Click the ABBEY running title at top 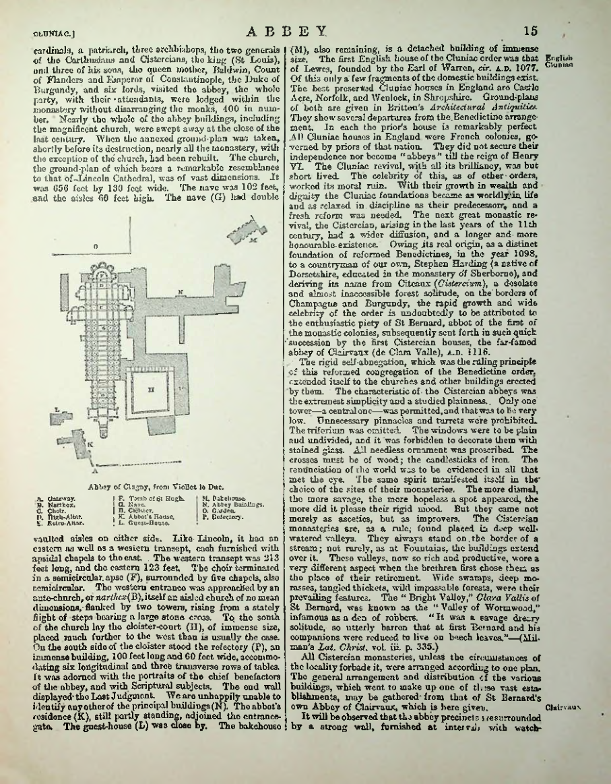[x=286, y=30]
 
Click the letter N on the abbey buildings [x=181, y=292]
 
